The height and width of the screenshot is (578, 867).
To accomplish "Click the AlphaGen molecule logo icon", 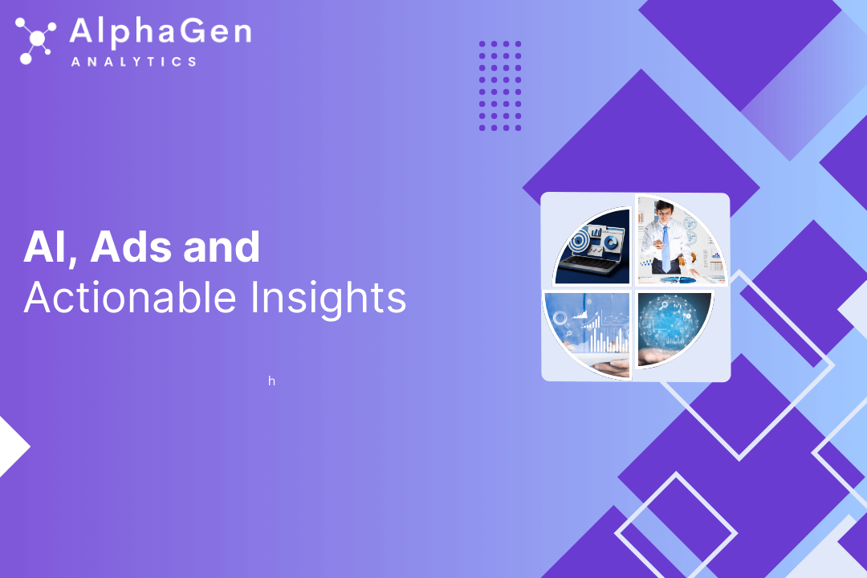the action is pos(35,40).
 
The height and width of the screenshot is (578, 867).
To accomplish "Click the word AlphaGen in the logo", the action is pos(161,32).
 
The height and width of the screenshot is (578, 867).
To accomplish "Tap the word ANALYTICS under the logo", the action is pos(134,61).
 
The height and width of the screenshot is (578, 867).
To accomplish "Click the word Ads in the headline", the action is pos(131,246).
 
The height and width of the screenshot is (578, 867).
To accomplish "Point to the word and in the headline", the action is pos(222,246).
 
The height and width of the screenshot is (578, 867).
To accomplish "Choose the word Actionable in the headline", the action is pos(130,298).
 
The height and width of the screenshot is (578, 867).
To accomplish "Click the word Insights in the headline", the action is pos(328,299).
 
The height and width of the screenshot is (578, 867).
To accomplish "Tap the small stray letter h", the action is pos(271,381).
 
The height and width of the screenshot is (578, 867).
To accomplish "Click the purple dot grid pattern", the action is pos(500,86).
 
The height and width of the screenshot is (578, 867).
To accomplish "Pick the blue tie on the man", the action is pos(666,248).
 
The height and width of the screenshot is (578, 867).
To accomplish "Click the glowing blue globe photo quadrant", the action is pos(674,328).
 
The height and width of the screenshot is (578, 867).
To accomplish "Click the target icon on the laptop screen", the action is pos(578,239).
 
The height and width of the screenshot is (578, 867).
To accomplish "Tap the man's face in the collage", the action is pos(664,211).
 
